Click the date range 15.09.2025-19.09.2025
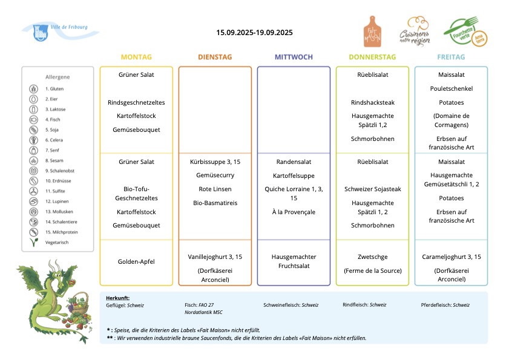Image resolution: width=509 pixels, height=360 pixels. coord(254,33)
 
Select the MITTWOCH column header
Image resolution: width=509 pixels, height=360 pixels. coord(294,57)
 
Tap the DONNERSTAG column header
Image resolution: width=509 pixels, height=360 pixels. coord(372,57)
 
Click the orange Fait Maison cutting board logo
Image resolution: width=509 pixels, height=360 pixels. coord(372,31)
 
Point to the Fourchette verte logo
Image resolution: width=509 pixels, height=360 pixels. coord(465,32)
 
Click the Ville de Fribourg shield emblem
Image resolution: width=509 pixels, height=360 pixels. coord(41,33)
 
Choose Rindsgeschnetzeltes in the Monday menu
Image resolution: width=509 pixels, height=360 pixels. coord(136,103)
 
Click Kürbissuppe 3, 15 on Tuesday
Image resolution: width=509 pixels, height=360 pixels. coord(215,162)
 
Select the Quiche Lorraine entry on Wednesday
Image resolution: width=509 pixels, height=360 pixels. coord(294,194)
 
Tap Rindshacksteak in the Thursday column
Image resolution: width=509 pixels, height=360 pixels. coord(373,103)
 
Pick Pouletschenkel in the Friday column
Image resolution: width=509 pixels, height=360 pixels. coord(452,88)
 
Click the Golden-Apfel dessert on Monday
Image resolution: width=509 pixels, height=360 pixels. coord(136,261)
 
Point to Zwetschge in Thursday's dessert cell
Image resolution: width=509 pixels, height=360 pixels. coord(373,257)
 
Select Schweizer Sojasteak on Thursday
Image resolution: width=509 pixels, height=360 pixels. coord(373,189)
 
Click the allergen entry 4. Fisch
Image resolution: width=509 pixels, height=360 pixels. coord(53,119)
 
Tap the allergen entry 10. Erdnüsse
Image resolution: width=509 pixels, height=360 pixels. coord(58,181)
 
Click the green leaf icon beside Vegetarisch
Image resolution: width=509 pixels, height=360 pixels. coord(34,242)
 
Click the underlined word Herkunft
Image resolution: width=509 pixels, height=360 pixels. coord(117,298)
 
